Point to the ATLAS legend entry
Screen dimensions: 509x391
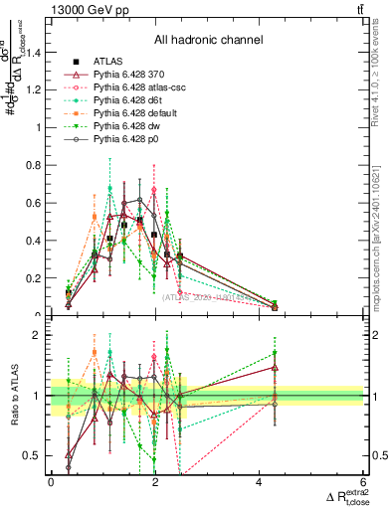point(105,62)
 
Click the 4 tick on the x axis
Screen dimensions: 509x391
point(259,483)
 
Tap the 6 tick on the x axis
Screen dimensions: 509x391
point(363,483)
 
